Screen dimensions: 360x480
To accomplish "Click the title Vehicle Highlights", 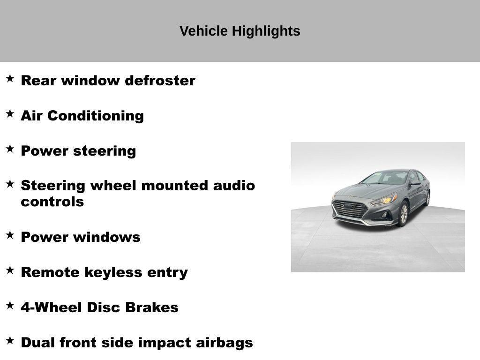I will [x=240, y=31].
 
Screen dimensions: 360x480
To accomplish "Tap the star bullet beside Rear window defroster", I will [x=10, y=78].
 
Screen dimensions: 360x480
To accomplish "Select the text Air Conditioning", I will [x=82, y=116].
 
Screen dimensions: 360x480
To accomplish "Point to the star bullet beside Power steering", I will [x=10, y=149].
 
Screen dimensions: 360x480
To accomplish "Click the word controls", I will [x=52, y=202].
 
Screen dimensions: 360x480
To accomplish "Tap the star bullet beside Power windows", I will [x=10, y=235].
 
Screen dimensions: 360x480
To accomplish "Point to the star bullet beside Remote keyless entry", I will [x=10, y=270].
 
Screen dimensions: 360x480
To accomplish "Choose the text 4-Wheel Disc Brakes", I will [x=99, y=307].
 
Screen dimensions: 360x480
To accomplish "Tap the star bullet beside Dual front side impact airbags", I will [x=10, y=340].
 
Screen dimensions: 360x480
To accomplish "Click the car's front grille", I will [x=350, y=209].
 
